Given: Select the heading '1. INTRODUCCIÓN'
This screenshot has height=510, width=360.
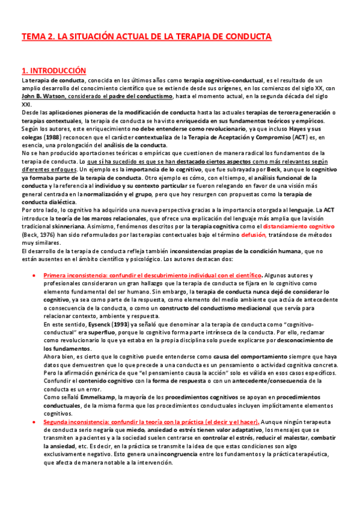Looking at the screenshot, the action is coord(53,70).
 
